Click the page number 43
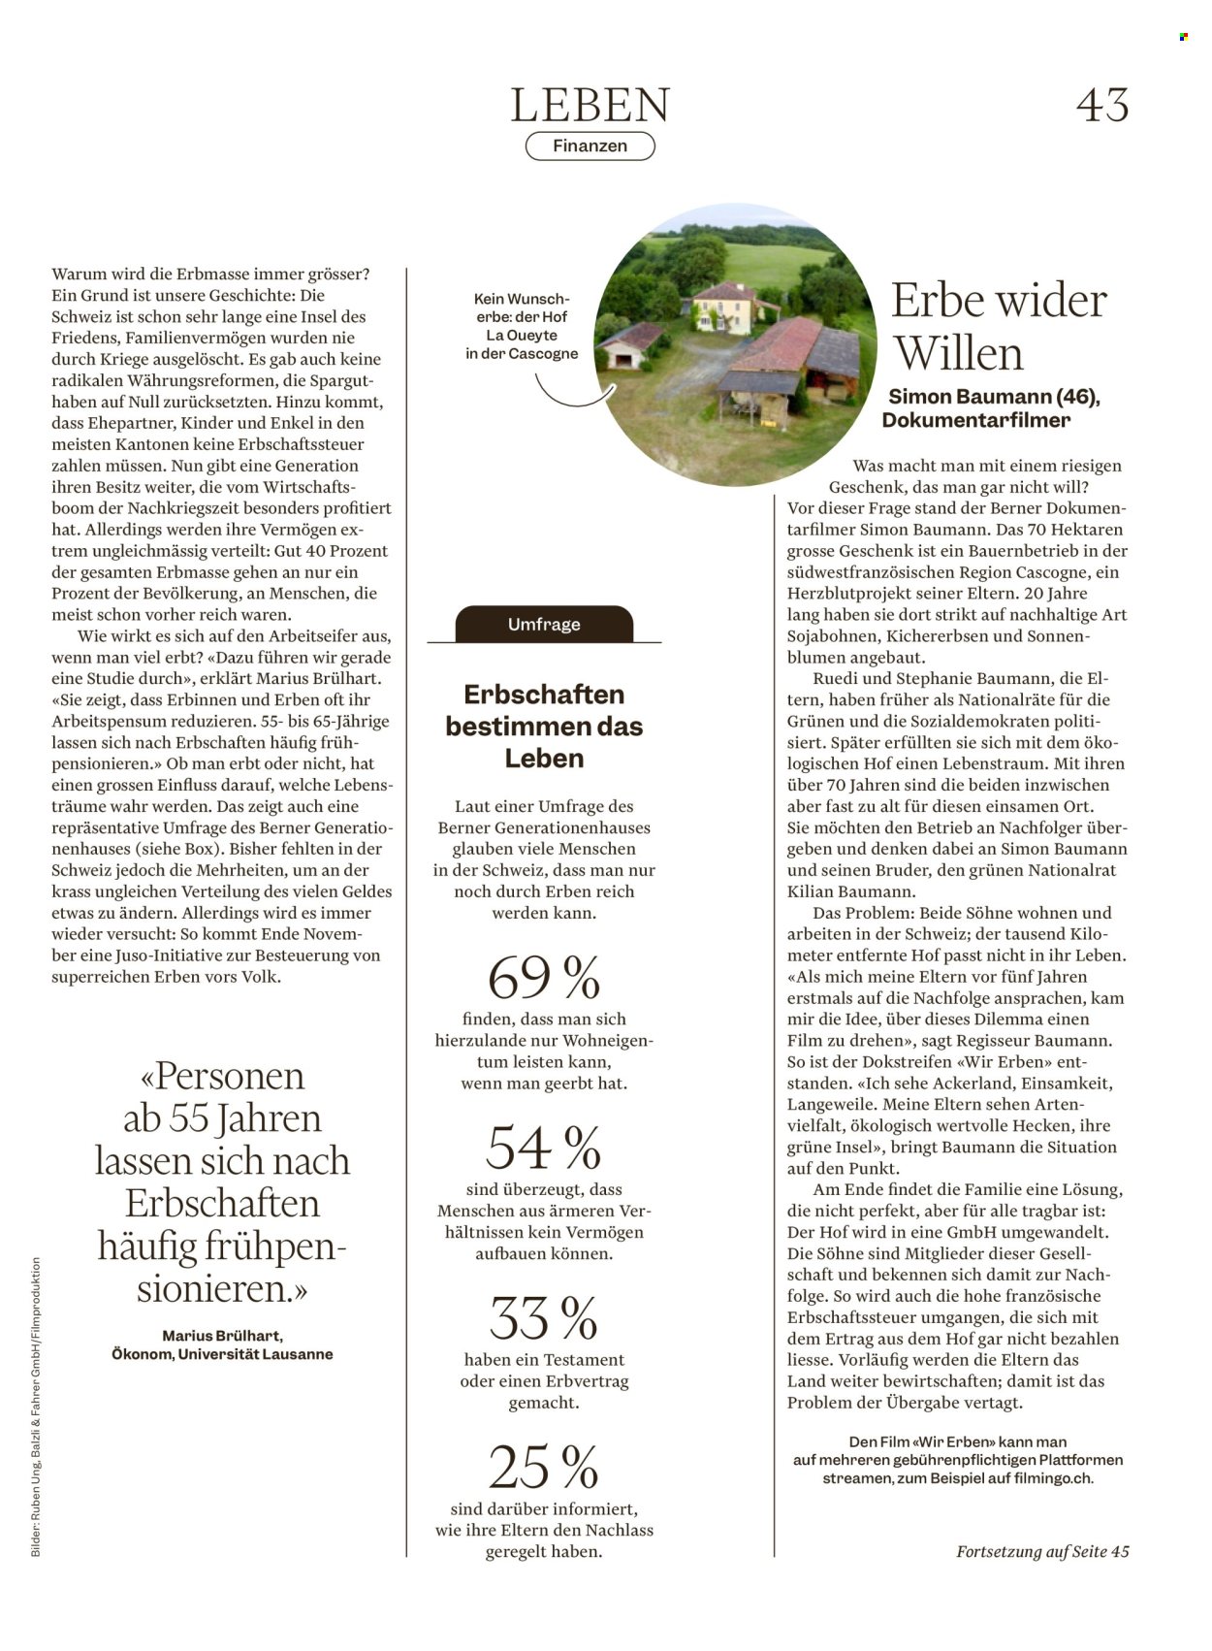click(x=1102, y=105)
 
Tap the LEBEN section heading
click(x=590, y=106)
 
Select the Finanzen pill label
click(x=590, y=146)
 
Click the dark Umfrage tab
click(x=543, y=624)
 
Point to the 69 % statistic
click(x=543, y=977)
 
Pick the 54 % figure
click(x=543, y=1148)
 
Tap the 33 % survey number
click(x=543, y=1318)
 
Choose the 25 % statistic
click(x=543, y=1467)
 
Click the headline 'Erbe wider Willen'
click(x=999, y=326)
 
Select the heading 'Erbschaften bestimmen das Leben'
click(x=544, y=726)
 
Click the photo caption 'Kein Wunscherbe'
click(x=522, y=326)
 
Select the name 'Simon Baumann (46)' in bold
click(x=994, y=397)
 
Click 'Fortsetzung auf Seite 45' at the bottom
click(x=1042, y=1551)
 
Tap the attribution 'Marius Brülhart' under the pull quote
click(x=222, y=1336)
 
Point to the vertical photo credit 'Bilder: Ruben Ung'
click(x=36, y=1407)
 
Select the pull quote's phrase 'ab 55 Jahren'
click(x=222, y=1118)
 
